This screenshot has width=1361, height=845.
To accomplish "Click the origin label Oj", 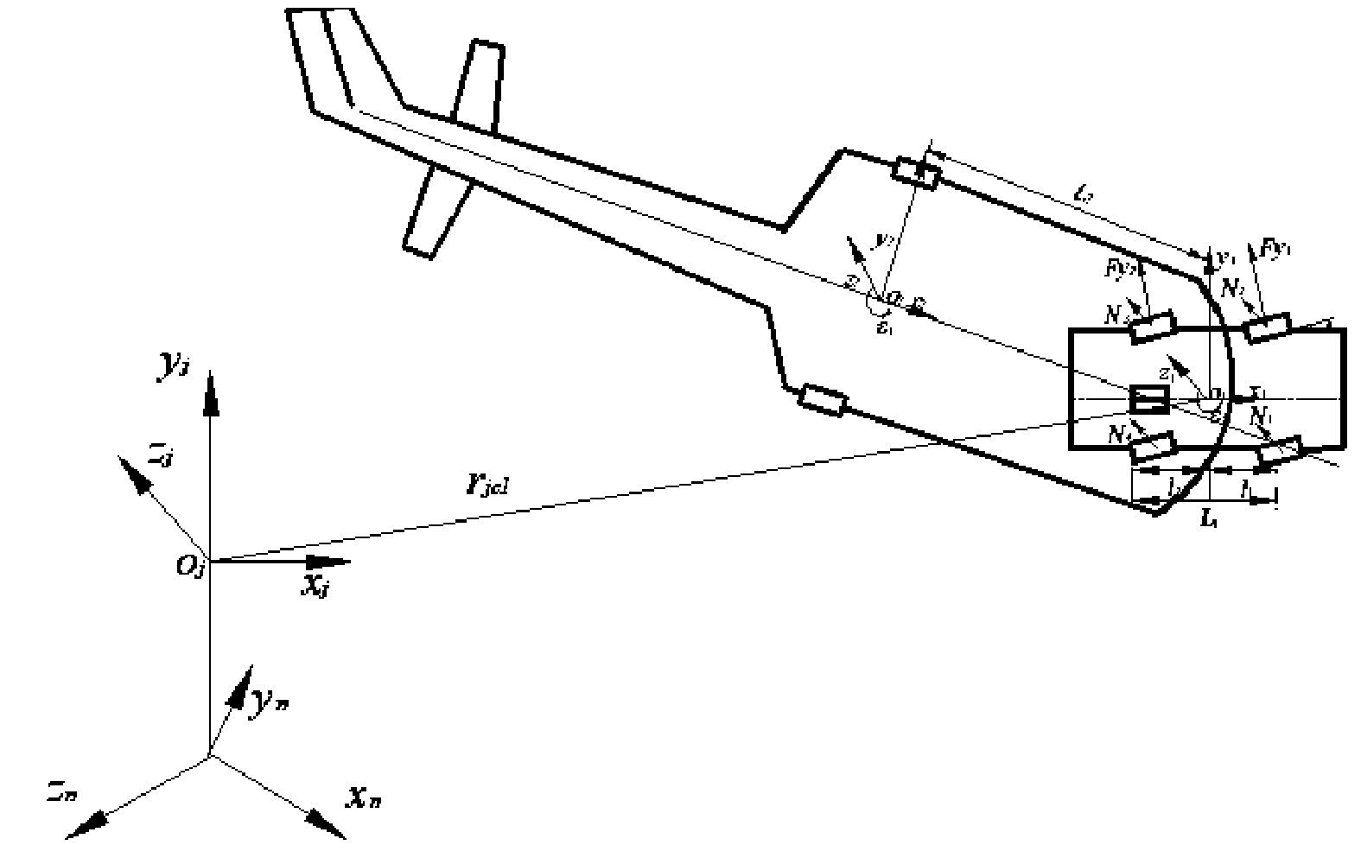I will coord(188,567).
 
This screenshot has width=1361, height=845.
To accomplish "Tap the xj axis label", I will coord(316,586).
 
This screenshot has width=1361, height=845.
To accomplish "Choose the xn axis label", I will coord(363,797).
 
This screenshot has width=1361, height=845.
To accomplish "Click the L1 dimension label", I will coord(1209,520).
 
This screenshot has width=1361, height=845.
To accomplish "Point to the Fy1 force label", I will coord(1276,249).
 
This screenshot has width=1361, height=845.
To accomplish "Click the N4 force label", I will coord(1120,434).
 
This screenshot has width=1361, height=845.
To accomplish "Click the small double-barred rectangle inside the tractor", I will coord(1149,399).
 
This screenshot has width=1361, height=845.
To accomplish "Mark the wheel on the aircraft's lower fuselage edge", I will coord(824,400).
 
